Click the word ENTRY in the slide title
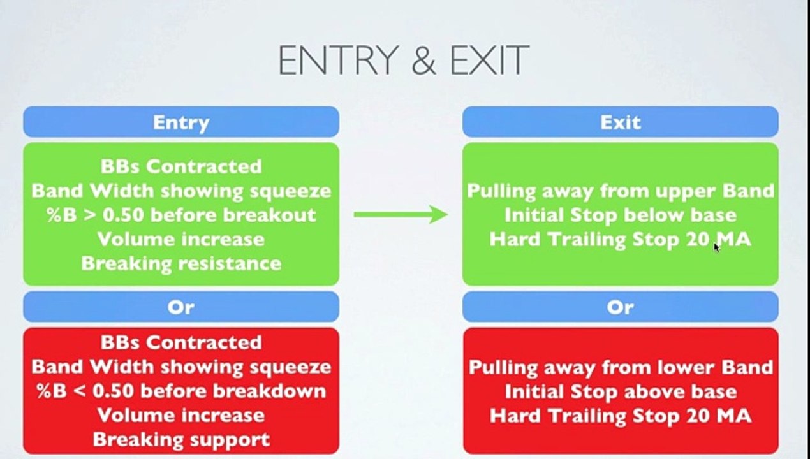pyautogui.click(x=339, y=60)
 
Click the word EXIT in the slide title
pyautogui.click(x=490, y=60)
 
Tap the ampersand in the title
pyautogui.click(x=424, y=61)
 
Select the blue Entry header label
pyautogui.click(x=181, y=122)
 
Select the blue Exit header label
pyautogui.click(x=621, y=122)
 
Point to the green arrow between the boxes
pyautogui.click(x=401, y=215)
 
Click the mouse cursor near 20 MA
pyautogui.click(x=717, y=247)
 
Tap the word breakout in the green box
pyautogui.click(x=269, y=215)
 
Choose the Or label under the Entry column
pyautogui.click(x=181, y=307)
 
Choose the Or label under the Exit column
pyautogui.click(x=621, y=307)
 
